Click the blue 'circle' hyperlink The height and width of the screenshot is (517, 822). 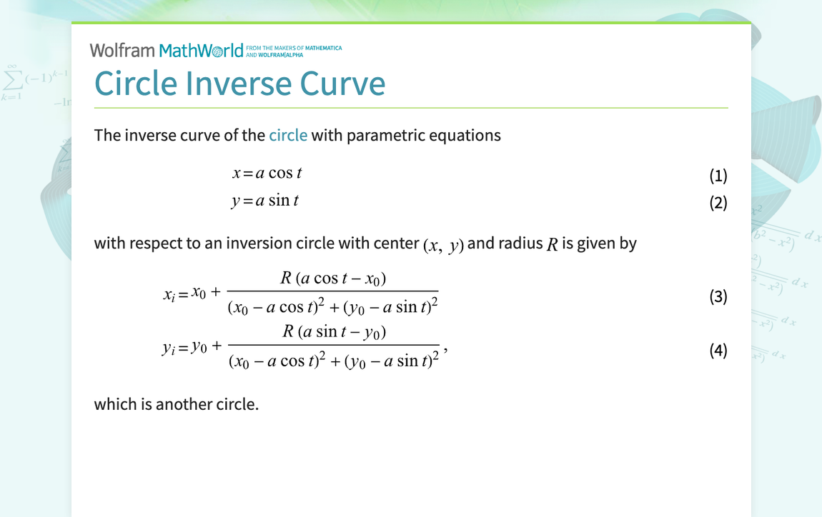pos(288,135)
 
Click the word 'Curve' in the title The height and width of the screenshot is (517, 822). pos(342,84)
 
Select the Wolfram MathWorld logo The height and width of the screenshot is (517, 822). pos(166,50)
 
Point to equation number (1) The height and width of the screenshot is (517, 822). pos(718,176)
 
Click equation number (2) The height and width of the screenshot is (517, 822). pos(718,203)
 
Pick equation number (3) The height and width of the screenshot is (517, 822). pos(718,296)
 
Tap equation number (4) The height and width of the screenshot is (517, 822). pos(718,350)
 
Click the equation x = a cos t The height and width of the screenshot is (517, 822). pos(267,173)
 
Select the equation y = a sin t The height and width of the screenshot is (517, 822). pos(265,201)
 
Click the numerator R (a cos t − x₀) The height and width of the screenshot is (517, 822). pos(333,278)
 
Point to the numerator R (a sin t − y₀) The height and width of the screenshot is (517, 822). pos(334,331)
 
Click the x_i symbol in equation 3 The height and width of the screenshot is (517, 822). pos(169,295)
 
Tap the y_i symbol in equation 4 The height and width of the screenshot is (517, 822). pos(169,348)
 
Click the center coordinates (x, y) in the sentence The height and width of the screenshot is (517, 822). pos(443,245)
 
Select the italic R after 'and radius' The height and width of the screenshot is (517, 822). pos(552,245)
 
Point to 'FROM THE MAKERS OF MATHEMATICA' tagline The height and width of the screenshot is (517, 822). pos(294,48)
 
